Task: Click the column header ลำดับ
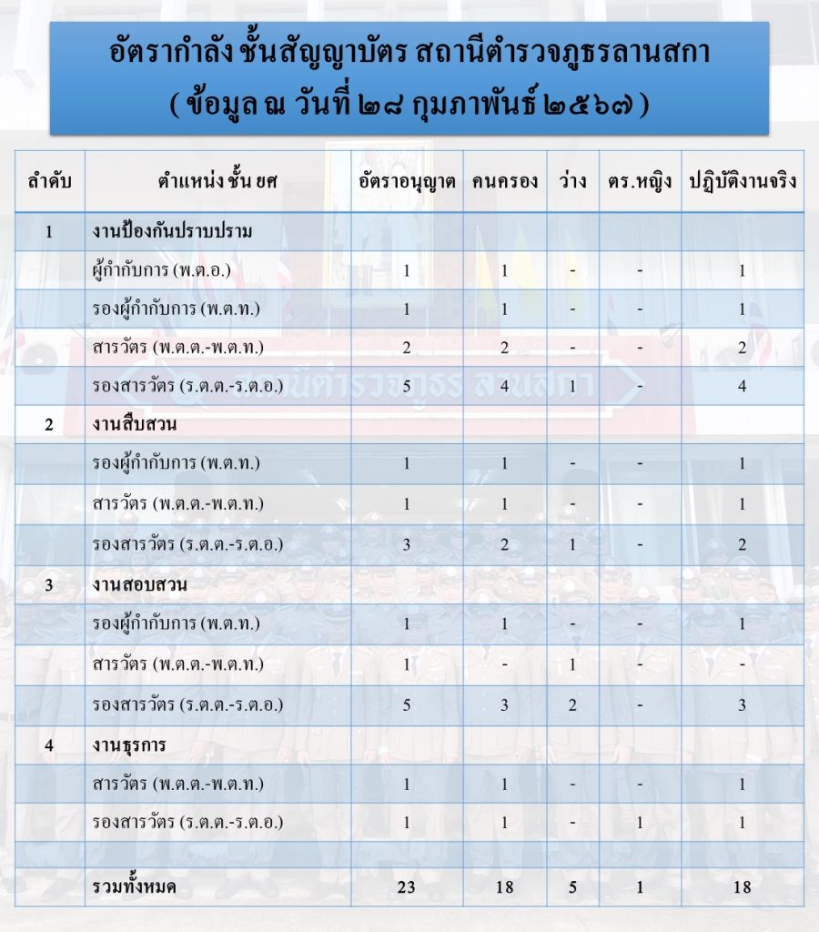click(49, 180)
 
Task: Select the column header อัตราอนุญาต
click(406, 180)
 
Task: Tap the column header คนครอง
click(504, 180)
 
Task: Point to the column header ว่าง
click(572, 180)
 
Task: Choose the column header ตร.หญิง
click(640, 180)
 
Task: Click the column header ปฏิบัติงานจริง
click(742, 180)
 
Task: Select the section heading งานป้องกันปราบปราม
click(172, 232)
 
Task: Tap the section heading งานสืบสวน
click(134, 424)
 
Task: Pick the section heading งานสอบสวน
click(139, 584)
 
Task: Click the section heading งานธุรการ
click(133, 745)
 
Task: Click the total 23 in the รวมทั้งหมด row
click(406, 886)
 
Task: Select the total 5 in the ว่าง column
click(572, 886)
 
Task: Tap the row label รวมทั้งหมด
click(135, 886)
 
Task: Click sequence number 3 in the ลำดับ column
click(49, 584)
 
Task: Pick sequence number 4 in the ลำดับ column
click(49, 745)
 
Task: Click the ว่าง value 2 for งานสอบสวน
click(572, 704)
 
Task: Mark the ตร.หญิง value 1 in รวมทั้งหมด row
click(640, 886)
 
